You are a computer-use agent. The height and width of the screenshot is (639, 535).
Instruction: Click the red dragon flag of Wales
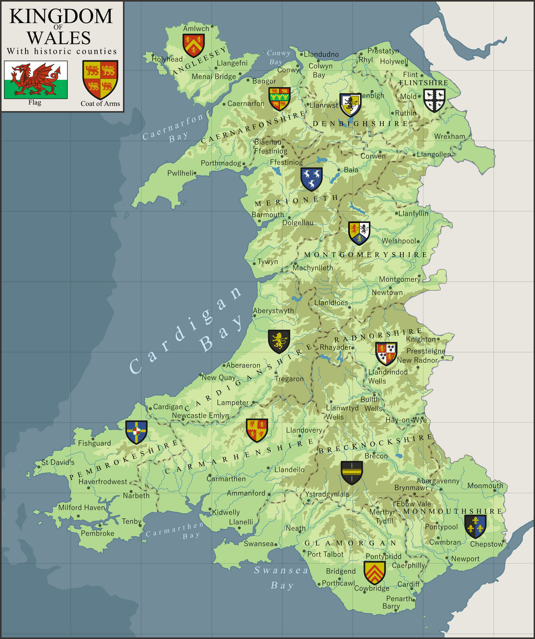point(36,79)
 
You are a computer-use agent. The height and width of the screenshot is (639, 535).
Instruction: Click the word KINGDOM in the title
point(61,17)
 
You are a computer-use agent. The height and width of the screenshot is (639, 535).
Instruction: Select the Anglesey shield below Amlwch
point(194,45)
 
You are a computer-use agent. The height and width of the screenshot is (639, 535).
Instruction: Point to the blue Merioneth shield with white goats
point(311,179)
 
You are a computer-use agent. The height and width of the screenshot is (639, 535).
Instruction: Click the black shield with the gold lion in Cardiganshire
point(279,341)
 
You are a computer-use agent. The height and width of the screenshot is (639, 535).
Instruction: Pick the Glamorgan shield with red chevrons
point(374,572)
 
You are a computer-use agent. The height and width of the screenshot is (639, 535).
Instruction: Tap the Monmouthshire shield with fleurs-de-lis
point(475,526)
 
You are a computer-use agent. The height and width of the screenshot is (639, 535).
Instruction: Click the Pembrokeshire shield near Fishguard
point(136,432)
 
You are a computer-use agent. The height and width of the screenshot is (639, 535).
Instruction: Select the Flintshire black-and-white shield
point(434,100)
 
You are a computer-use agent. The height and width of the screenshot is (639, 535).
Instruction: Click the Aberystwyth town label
point(273,311)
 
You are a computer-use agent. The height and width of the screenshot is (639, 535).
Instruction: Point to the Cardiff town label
point(408,584)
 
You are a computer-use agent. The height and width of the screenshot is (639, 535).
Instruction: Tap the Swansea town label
point(258,544)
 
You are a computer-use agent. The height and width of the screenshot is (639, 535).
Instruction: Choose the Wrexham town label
point(449,137)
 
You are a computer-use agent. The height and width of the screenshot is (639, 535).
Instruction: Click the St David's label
point(58,462)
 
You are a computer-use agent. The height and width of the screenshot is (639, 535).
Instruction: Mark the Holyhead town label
point(167,59)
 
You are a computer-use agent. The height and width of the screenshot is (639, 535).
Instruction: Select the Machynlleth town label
point(313,268)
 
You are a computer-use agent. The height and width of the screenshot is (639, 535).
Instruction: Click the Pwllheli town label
point(180,173)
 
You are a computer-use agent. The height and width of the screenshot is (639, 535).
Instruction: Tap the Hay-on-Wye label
point(406,420)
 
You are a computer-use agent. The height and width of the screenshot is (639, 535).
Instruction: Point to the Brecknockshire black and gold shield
point(352,472)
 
